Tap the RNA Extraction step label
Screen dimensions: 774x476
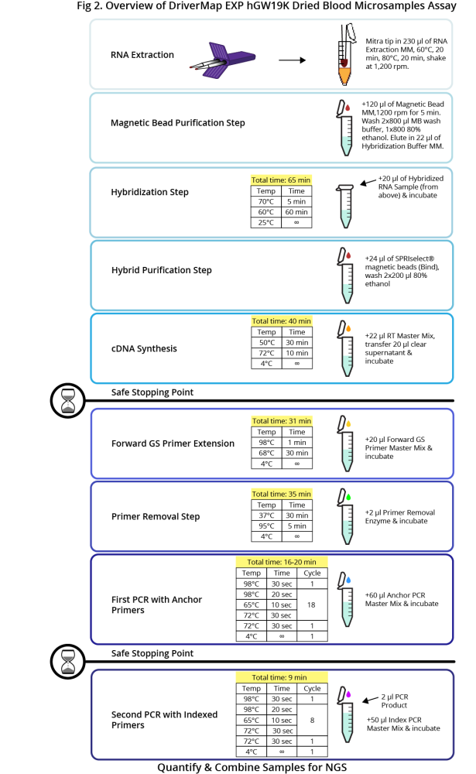[142, 55]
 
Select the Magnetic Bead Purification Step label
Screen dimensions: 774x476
[178, 123]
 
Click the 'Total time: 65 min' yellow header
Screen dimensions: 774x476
[281, 180]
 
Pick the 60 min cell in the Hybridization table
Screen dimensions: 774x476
[296, 211]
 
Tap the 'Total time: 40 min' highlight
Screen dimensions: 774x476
[281, 320]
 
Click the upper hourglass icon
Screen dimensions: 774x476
[69, 400]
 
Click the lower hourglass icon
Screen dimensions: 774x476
[69, 661]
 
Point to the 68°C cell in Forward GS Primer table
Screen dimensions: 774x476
[266, 453]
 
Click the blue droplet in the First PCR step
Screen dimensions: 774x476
[348, 579]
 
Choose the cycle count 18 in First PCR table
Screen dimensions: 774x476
[312, 604]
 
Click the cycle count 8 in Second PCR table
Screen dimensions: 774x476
[312, 720]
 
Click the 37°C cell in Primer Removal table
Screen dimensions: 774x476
[266, 515]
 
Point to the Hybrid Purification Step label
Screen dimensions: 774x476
[162, 271]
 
